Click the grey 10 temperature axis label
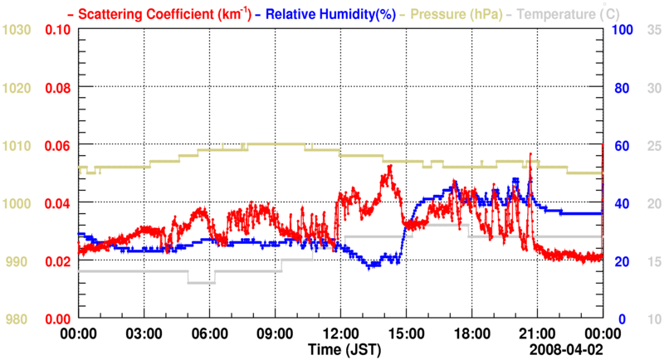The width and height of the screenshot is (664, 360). click(653, 319)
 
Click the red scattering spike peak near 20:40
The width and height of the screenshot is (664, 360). click(530, 154)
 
